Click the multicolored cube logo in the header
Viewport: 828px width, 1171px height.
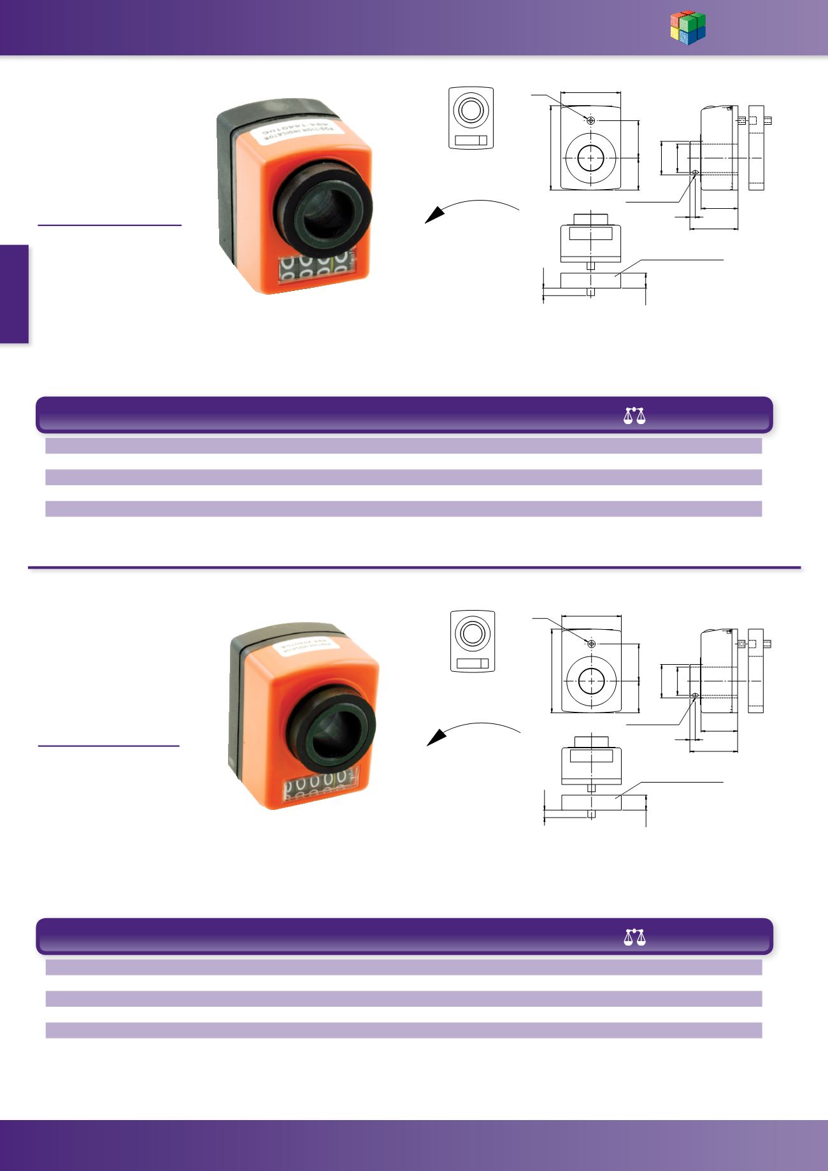click(x=688, y=29)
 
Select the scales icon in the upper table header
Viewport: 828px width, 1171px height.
click(x=634, y=416)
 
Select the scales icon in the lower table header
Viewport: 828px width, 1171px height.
click(x=634, y=937)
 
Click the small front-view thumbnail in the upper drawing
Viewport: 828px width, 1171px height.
click(x=471, y=118)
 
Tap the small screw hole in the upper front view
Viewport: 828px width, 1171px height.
click(x=591, y=120)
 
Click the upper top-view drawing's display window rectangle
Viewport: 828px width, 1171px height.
click(x=590, y=234)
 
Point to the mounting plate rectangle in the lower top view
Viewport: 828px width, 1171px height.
click(x=590, y=802)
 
